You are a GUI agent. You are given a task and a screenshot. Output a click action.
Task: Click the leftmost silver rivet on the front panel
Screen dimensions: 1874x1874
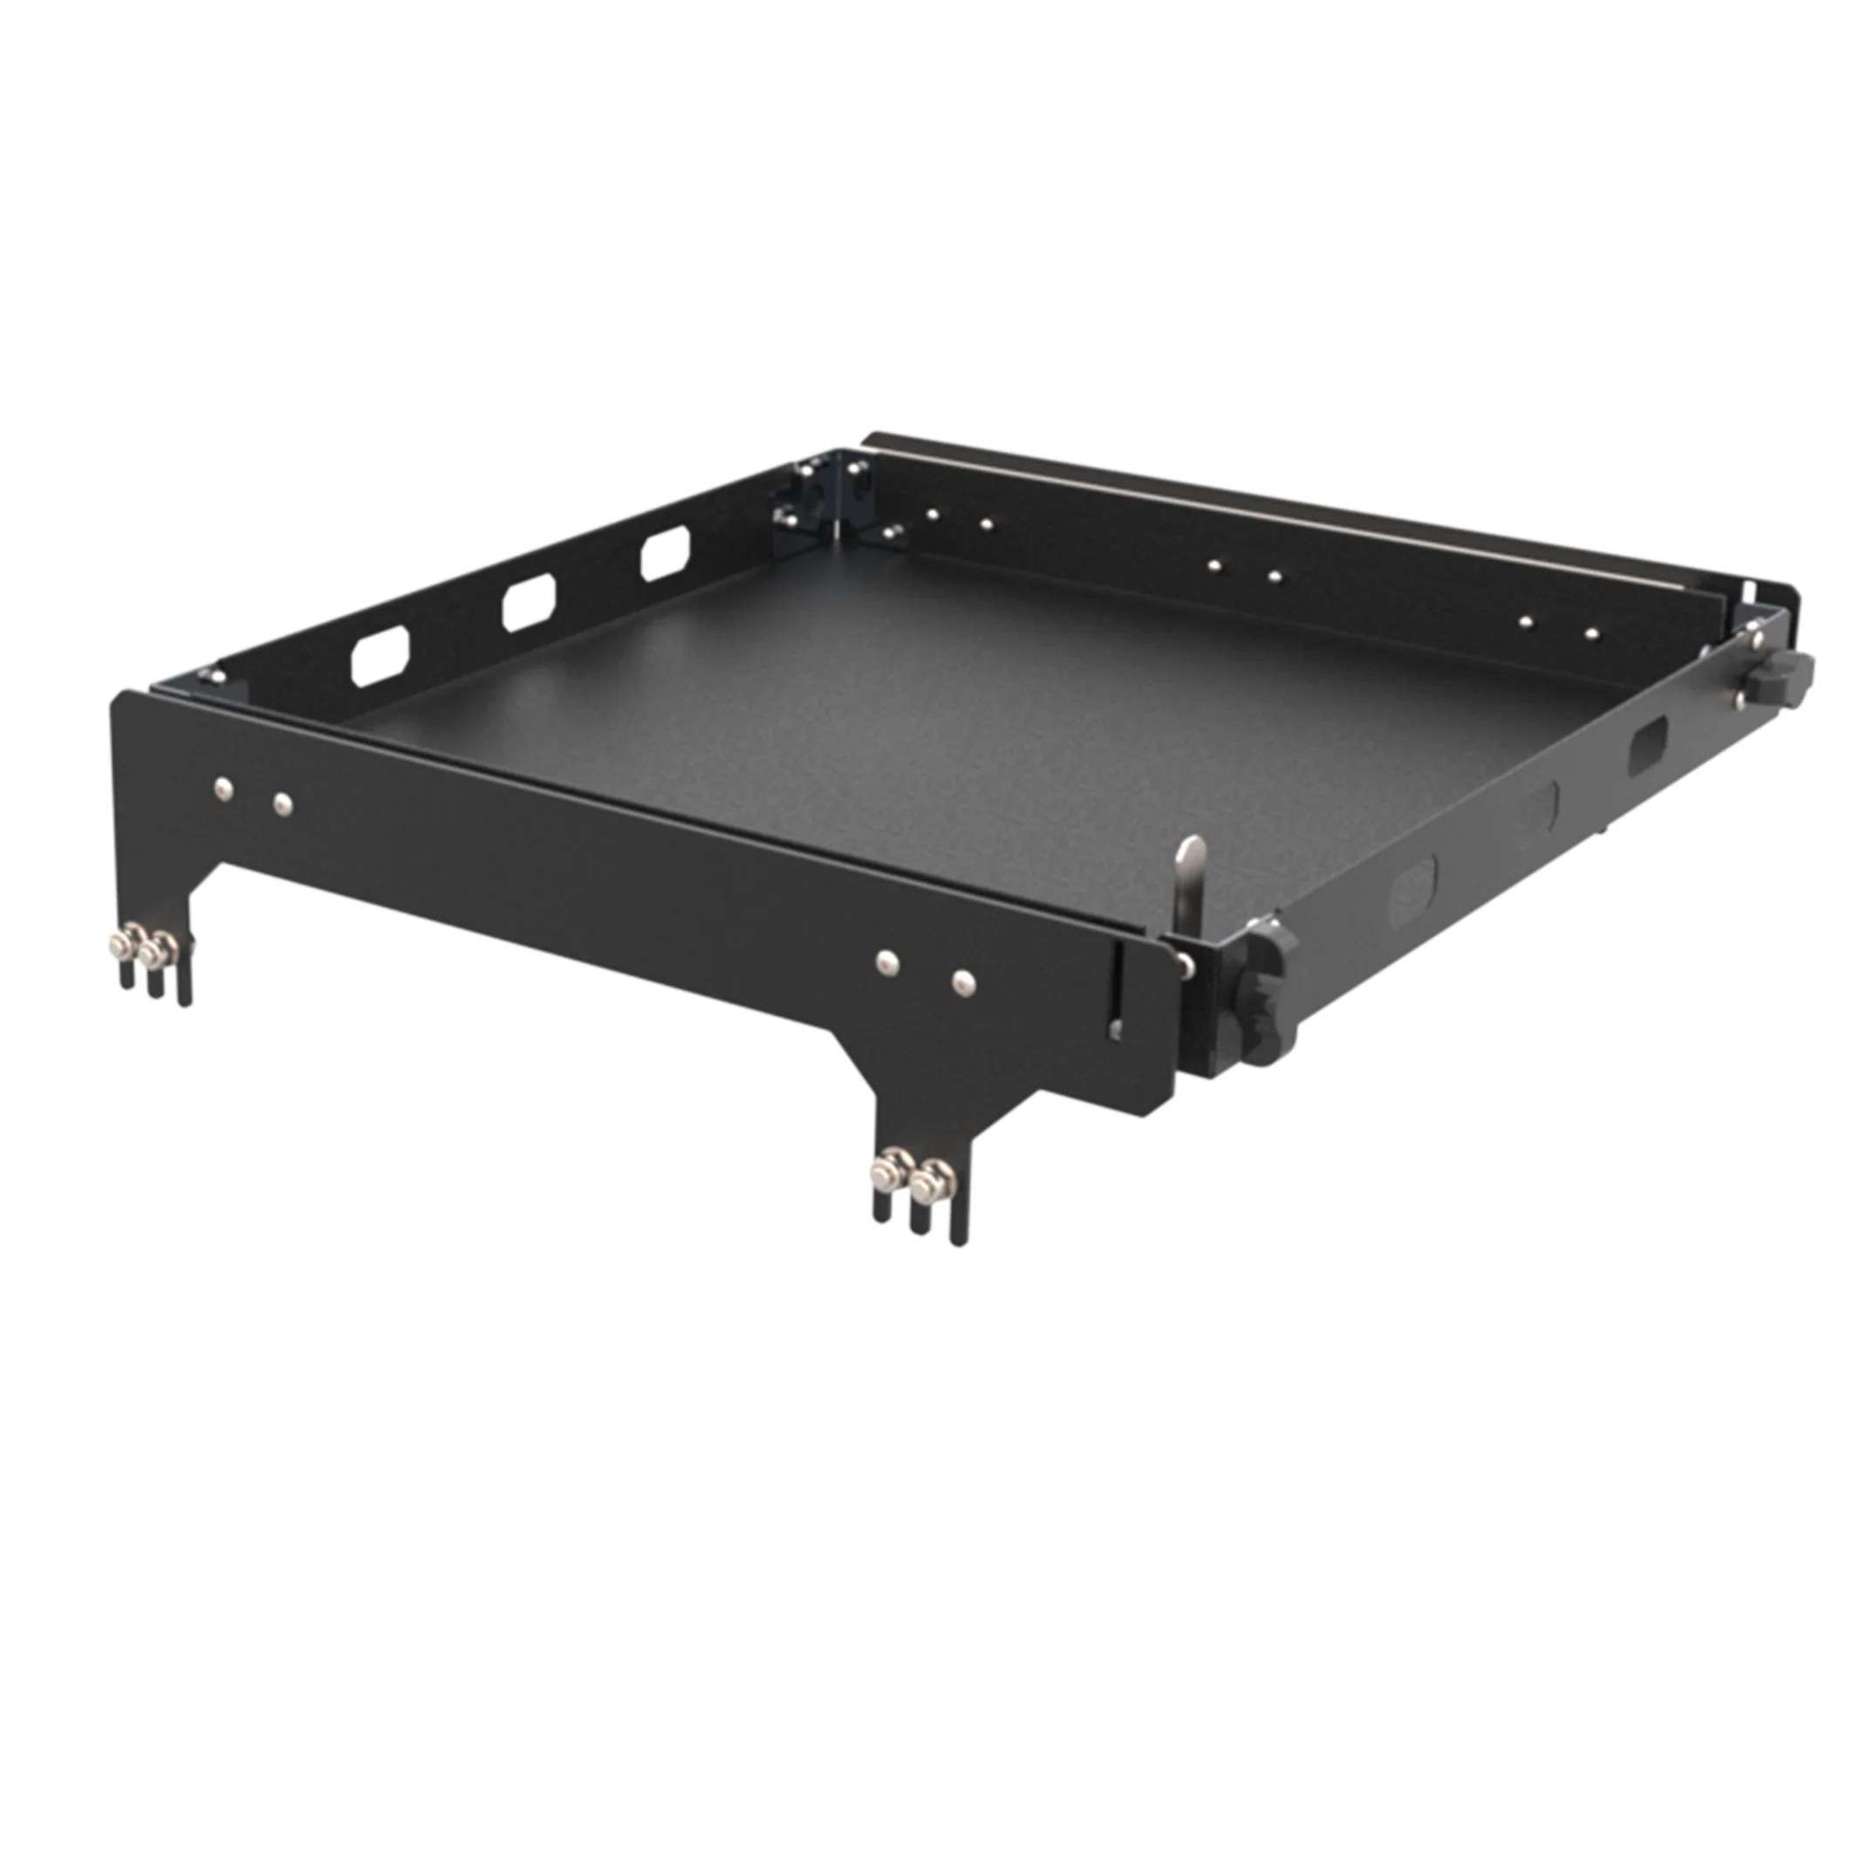pyautogui.click(x=223, y=790)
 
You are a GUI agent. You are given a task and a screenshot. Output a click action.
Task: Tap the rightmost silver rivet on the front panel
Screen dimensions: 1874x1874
pyautogui.click(x=963, y=983)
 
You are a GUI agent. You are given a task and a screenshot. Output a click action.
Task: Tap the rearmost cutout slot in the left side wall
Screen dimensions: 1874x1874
pyautogui.click(x=666, y=552)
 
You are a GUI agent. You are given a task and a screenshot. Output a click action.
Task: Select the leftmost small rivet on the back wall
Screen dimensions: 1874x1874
pyautogui.click(x=931, y=514)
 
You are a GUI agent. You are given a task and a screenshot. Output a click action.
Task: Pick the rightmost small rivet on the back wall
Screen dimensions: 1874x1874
pyautogui.click(x=1591, y=634)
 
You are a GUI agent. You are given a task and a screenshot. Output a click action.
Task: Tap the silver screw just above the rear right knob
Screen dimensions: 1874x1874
pyautogui.click(x=1754, y=639)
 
